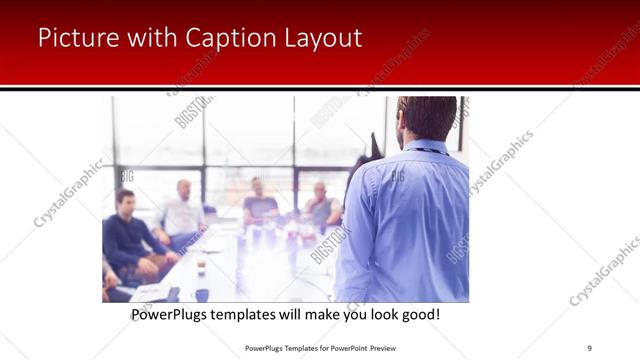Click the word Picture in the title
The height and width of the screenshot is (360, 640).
pos(74,38)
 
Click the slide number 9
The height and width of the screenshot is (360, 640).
pos(590,347)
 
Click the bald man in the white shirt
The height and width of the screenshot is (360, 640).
pos(182,211)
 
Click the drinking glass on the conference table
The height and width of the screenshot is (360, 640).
pos(201,265)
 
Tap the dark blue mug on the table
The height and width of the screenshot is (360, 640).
pos(202,294)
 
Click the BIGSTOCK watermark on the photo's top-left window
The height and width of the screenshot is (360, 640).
pos(194,112)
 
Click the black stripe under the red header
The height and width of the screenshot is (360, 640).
pos(320,88)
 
